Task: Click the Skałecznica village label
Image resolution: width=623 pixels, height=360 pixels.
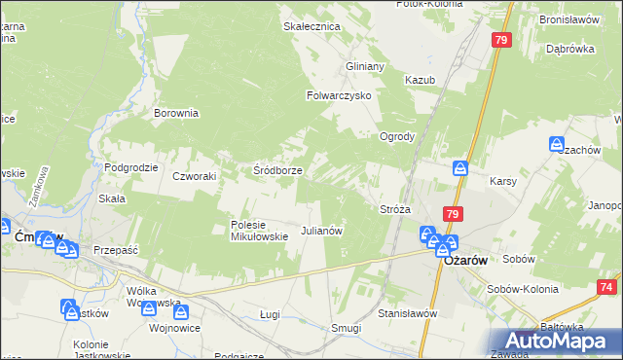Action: (x=311, y=26)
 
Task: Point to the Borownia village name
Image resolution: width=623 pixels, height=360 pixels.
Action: (x=176, y=113)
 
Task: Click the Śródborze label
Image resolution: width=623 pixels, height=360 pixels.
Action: (x=277, y=169)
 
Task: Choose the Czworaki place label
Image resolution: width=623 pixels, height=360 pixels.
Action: (x=193, y=176)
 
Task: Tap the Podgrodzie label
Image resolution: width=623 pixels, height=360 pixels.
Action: (x=130, y=167)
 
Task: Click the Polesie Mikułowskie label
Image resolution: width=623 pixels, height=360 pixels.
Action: (x=259, y=230)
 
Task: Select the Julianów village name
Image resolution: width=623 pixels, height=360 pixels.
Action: (x=321, y=231)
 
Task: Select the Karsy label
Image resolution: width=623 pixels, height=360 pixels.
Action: (x=502, y=182)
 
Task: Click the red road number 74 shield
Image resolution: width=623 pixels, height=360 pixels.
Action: (x=607, y=287)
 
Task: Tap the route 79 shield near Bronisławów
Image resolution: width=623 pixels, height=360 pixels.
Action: (x=501, y=40)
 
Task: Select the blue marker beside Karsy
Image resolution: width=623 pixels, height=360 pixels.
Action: (x=462, y=168)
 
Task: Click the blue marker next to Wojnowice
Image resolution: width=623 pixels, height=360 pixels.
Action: (x=181, y=310)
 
